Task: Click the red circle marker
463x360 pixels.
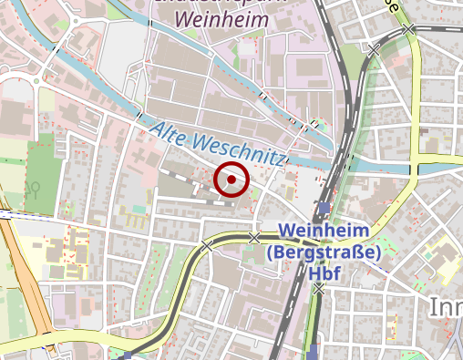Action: click(x=231, y=180)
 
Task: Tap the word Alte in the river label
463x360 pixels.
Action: click(x=169, y=135)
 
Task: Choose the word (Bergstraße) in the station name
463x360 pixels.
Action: click(x=324, y=252)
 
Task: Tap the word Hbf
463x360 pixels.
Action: click(x=326, y=273)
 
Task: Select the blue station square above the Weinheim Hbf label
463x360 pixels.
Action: click(x=324, y=207)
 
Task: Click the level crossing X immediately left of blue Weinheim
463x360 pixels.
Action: click(x=254, y=238)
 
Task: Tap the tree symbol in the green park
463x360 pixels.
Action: click(x=34, y=188)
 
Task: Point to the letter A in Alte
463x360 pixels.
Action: click(x=155, y=130)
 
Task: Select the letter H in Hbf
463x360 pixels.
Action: click(x=314, y=273)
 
